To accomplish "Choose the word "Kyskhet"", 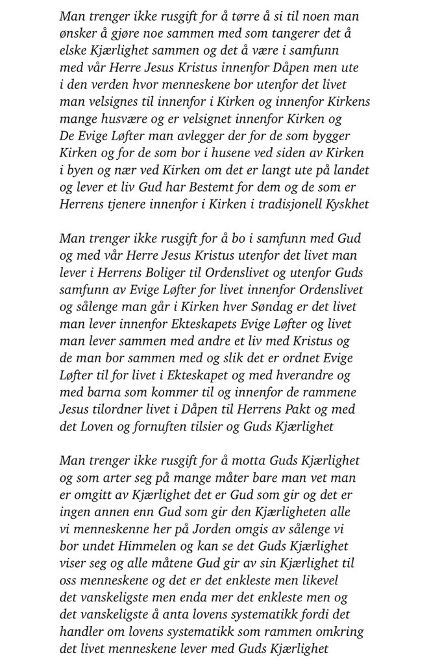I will (x=343, y=203).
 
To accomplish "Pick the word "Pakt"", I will (x=304, y=408).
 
